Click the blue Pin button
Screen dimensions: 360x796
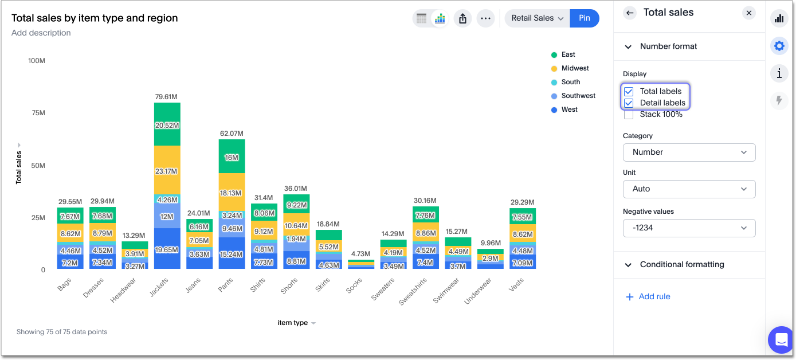[x=584, y=18]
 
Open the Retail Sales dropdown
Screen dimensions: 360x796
[x=537, y=18]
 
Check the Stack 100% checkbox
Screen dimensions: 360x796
[x=629, y=114]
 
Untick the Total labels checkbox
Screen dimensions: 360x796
[x=629, y=91]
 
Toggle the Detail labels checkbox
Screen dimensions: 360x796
[x=629, y=103]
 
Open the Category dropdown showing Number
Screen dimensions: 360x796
[x=689, y=152]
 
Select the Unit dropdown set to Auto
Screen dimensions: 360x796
[x=689, y=189]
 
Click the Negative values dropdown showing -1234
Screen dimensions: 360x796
[x=689, y=228]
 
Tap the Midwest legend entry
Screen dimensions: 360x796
[x=574, y=68]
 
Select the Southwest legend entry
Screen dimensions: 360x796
[x=578, y=96]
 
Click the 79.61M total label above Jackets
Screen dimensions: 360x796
[x=167, y=97]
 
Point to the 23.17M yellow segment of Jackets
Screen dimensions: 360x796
[x=167, y=171]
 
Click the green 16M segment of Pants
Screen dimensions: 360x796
[x=232, y=158]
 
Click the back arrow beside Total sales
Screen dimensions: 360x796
[x=630, y=13]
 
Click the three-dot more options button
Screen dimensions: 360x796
[x=485, y=18]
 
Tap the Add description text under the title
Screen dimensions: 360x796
[x=41, y=33]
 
